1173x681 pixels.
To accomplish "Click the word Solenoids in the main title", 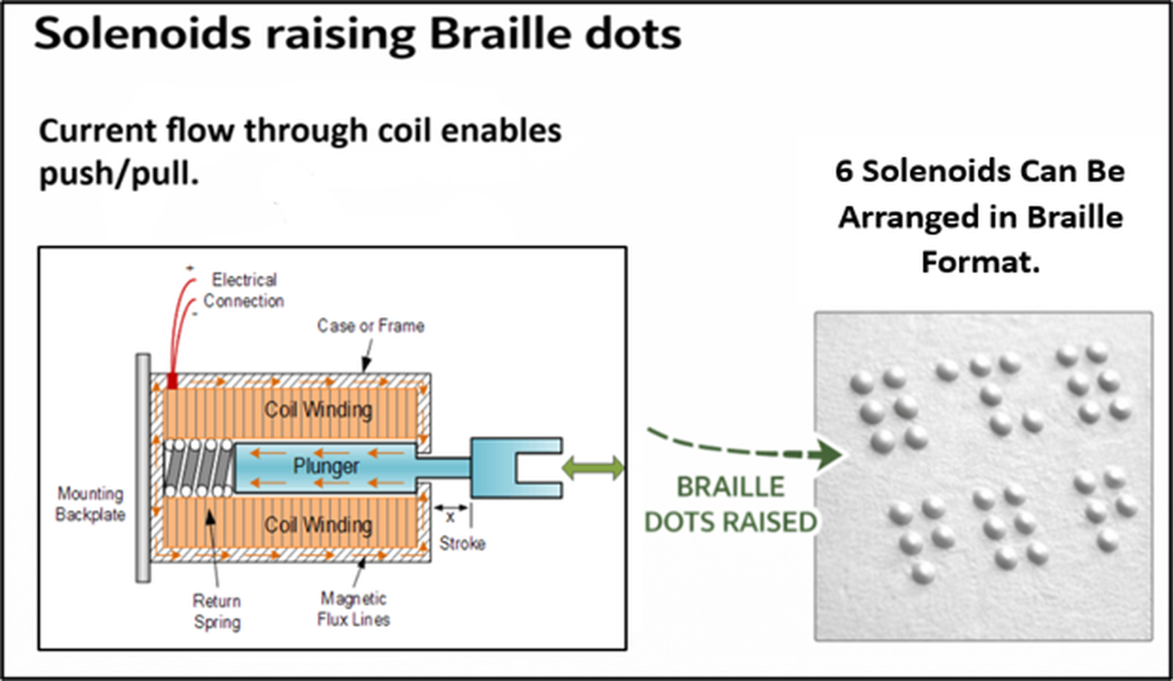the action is [x=142, y=33].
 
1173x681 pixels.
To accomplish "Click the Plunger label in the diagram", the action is [x=325, y=466].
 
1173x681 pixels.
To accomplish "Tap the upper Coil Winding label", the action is [x=319, y=410].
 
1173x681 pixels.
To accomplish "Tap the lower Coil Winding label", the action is [x=319, y=525].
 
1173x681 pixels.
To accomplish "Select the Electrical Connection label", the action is [x=243, y=290].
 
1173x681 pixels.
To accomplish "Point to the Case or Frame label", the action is [x=371, y=325].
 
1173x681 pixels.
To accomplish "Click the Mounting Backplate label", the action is [x=90, y=504].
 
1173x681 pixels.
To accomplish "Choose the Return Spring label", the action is [x=217, y=611].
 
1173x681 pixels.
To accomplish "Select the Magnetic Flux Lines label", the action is [x=354, y=609].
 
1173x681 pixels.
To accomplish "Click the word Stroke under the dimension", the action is [x=462, y=544].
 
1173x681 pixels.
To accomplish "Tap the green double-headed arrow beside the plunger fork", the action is [x=593, y=467].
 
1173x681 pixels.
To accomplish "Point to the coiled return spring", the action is [x=198, y=468].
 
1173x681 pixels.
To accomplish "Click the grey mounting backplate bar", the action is [x=143, y=468].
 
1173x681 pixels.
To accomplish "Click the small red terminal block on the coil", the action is [x=172, y=381].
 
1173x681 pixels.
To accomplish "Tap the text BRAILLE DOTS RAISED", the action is [x=731, y=504].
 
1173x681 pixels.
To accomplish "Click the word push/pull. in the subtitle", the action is [x=119, y=173].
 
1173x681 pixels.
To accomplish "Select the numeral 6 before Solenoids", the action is [x=844, y=172].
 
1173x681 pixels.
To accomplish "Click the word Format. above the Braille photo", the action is [x=980, y=262].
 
